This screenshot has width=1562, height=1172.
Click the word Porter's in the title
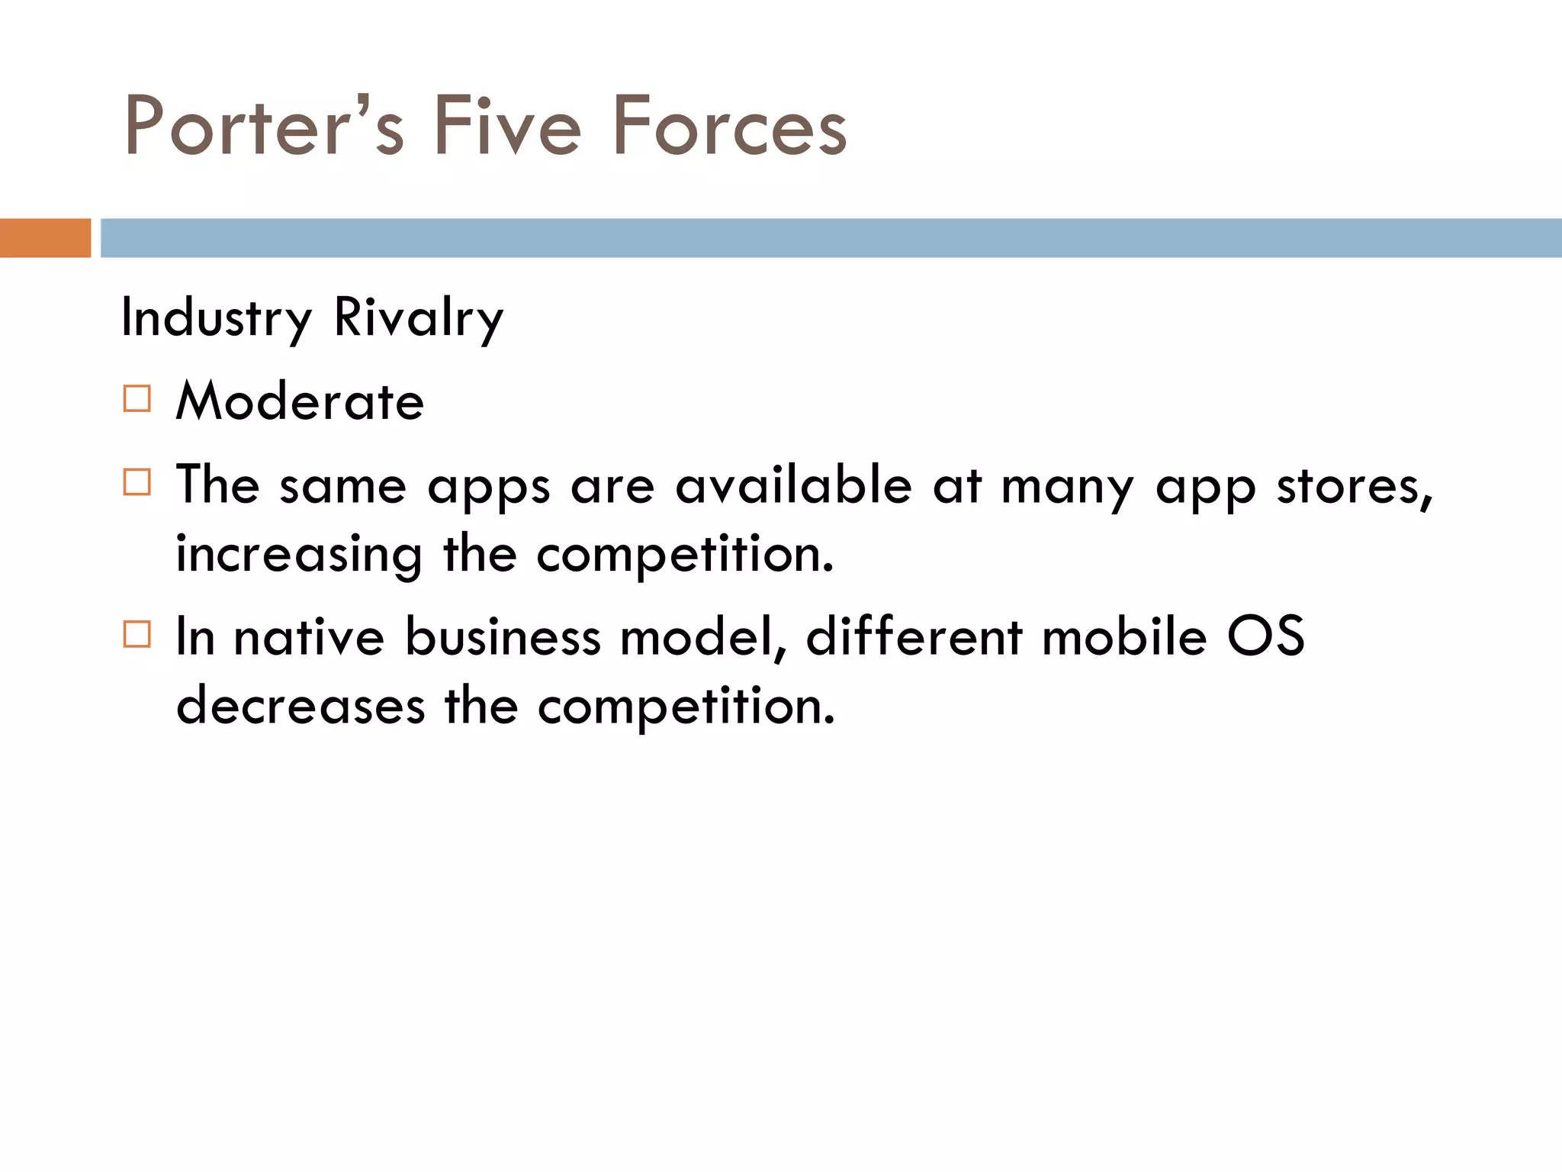[263, 126]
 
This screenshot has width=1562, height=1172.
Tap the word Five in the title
[507, 126]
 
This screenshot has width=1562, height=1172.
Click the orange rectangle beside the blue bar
[45, 238]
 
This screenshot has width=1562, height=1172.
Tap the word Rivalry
[419, 317]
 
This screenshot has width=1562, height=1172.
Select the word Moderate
[300, 401]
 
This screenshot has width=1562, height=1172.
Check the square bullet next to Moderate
[137, 399]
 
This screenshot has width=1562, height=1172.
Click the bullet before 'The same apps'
[137, 482]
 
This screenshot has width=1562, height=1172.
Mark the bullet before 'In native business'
[137, 634]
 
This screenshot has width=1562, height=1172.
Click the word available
[793, 485]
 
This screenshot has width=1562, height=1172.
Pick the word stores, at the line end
[1355, 487]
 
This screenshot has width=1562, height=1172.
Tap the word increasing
[299, 555]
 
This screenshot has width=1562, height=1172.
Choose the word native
[309, 636]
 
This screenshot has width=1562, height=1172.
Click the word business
[503, 636]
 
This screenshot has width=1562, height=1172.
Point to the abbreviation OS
[1265, 636]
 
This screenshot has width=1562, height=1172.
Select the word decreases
[300, 706]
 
